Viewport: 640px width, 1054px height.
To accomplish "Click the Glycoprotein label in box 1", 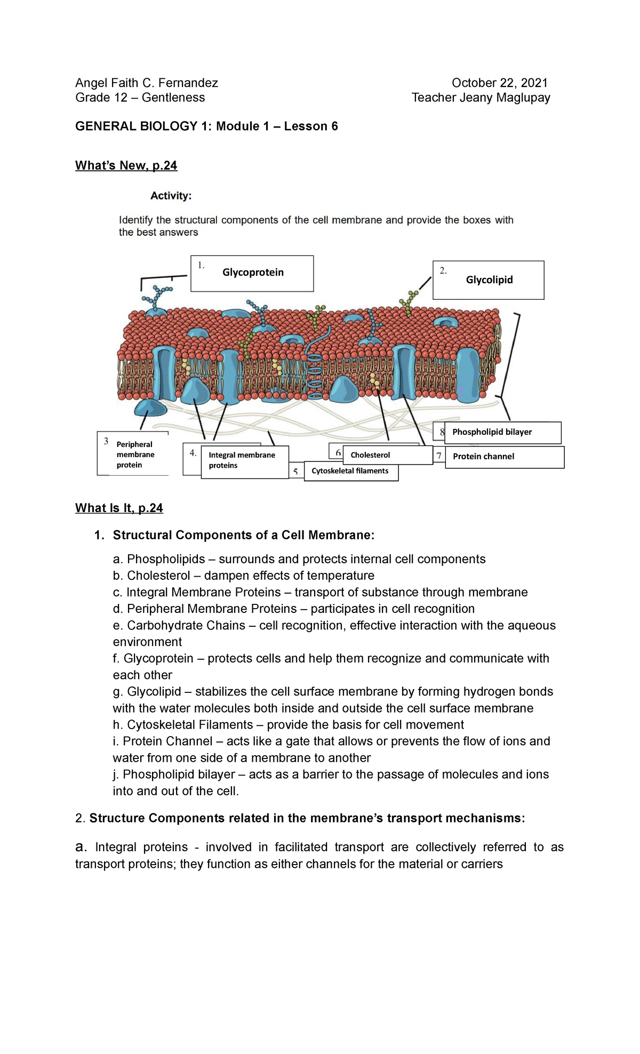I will pyautogui.click(x=253, y=273).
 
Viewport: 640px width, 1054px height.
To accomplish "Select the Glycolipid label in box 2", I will pyautogui.click(x=489, y=280).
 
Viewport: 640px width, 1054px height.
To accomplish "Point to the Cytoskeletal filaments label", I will pyautogui.click(x=350, y=471).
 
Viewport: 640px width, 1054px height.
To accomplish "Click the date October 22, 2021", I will pyautogui.click(x=499, y=83).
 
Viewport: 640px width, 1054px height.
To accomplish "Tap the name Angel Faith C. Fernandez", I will pyautogui.click(x=147, y=83).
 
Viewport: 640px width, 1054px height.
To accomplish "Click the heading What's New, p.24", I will pyautogui.click(x=126, y=165).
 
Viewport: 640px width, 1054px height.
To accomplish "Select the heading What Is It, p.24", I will pyautogui.click(x=119, y=508).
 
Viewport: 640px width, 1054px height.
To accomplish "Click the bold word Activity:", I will pyautogui.click(x=171, y=196).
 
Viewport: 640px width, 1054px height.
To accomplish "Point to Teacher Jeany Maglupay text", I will pyautogui.click(x=481, y=98).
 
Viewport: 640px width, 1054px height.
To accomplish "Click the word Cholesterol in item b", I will pyautogui.click(x=158, y=576).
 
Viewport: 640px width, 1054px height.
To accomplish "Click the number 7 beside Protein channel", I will pyautogui.click(x=439, y=456).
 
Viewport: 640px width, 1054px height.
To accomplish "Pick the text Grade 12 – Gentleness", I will pyautogui.click(x=140, y=98).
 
